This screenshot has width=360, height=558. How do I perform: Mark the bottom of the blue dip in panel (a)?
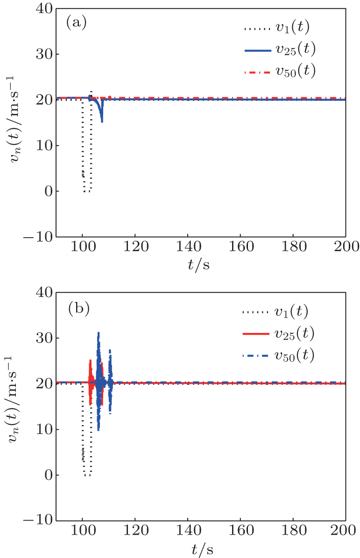click(102, 121)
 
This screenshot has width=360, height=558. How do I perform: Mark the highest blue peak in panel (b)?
click(99, 332)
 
